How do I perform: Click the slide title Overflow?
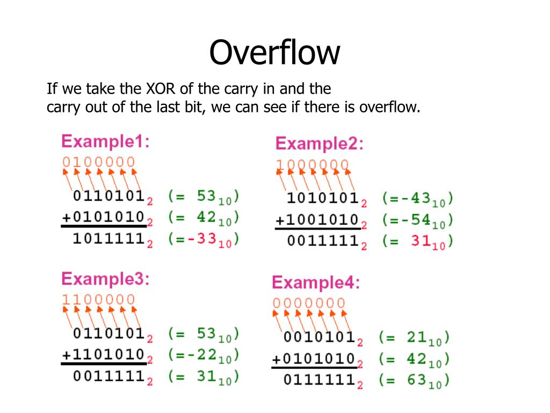click(x=274, y=53)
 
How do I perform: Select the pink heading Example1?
click(x=105, y=142)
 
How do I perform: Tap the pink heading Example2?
click(x=319, y=144)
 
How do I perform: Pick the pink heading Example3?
click(x=105, y=280)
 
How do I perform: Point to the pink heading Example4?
click(x=316, y=282)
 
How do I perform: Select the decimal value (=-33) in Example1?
click(x=203, y=240)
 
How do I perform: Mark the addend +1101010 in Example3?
click(x=103, y=355)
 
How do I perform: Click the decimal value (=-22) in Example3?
click(x=203, y=355)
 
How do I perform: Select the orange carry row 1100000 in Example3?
click(x=98, y=300)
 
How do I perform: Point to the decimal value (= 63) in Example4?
click(x=414, y=381)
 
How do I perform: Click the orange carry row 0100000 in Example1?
click(x=98, y=162)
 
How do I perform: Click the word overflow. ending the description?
click(x=389, y=107)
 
